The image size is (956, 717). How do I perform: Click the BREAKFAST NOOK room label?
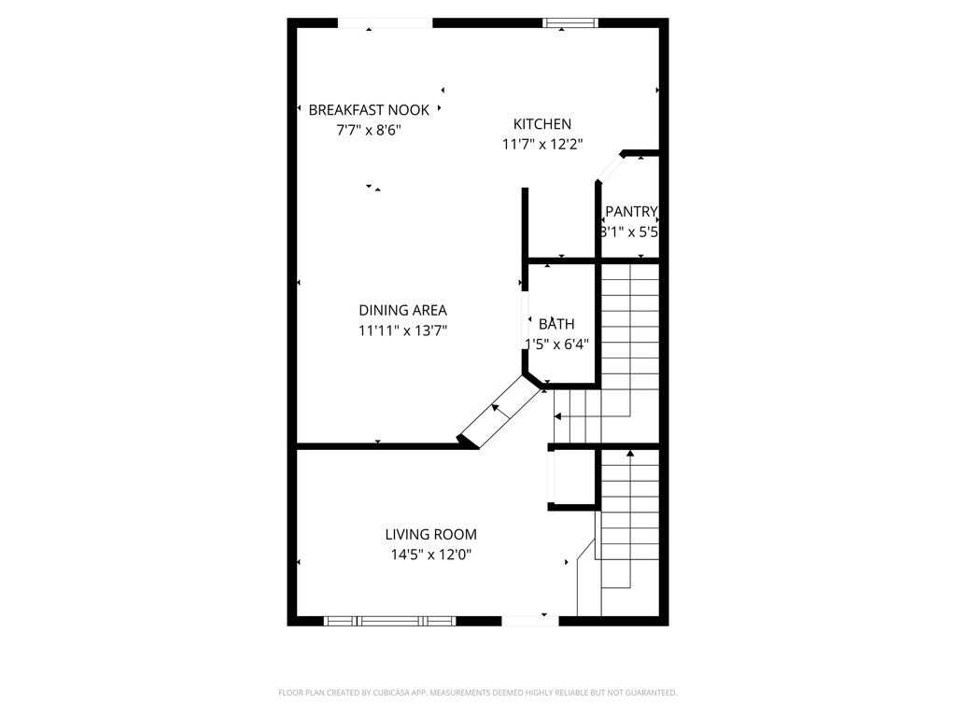point(369,110)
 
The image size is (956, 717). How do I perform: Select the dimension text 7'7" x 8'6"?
point(369,131)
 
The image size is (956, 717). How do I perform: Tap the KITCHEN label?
point(542,124)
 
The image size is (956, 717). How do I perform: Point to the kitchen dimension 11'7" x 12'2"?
point(542,145)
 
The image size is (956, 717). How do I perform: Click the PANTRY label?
point(631,212)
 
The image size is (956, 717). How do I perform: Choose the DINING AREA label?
point(402,310)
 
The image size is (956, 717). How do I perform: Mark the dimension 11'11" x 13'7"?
point(402,330)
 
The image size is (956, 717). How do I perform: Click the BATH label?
point(556,324)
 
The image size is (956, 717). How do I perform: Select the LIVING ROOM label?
point(430,535)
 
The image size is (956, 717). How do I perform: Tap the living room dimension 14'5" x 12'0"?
point(430,555)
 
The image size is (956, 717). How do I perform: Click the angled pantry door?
point(609,168)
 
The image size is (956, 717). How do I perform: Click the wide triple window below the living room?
point(389,620)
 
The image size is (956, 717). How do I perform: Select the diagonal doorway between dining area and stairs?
point(499,412)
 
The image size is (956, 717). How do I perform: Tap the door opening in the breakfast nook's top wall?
point(385,23)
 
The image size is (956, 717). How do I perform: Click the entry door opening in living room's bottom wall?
point(529,620)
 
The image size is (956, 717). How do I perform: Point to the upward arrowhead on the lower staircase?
point(629,453)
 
